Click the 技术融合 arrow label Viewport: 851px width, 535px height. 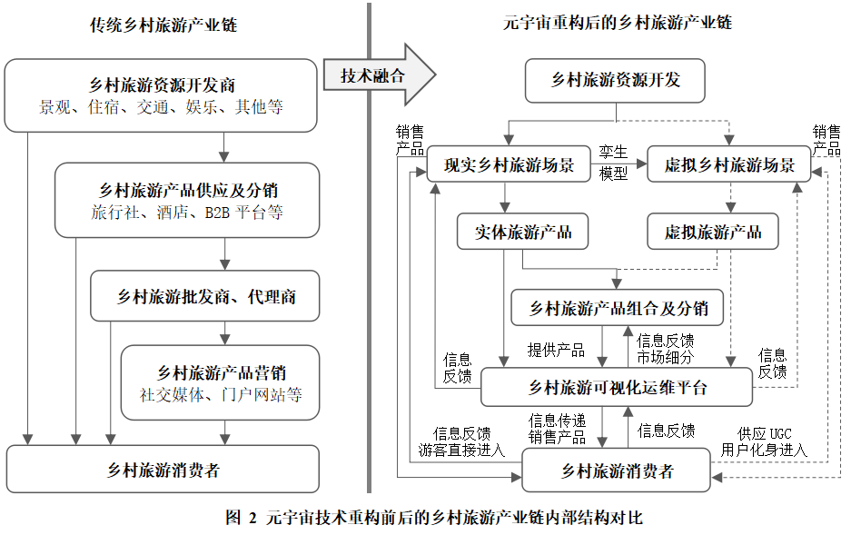click(372, 75)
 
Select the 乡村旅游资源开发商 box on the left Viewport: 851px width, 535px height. click(161, 95)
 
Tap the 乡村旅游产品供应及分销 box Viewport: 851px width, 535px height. click(187, 200)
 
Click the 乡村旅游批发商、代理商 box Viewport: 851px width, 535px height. click(205, 296)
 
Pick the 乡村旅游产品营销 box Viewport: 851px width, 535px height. click(221, 382)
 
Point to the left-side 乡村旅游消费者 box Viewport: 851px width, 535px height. click(163, 470)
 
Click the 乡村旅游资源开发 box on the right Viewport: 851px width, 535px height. click(615, 80)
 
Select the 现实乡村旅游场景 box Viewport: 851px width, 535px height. click(509, 163)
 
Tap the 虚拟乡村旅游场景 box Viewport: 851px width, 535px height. click(729, 163)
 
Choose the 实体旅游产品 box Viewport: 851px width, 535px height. click(522, 232)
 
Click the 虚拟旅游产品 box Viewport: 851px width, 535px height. click(713, 232)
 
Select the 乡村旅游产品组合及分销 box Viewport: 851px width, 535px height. click(617, 308)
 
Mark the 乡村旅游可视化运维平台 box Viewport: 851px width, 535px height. click(617, 388)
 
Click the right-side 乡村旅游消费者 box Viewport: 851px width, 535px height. click(616, 471)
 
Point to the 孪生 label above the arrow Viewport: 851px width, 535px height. click(613, 152)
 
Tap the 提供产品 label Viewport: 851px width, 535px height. click(557, 350)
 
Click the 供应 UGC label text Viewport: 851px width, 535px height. click(764, 433)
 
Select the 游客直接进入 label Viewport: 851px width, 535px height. click(462, 450)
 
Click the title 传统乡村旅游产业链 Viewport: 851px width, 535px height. click(163, 25)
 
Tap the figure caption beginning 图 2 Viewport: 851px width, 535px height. click(434, 517)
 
